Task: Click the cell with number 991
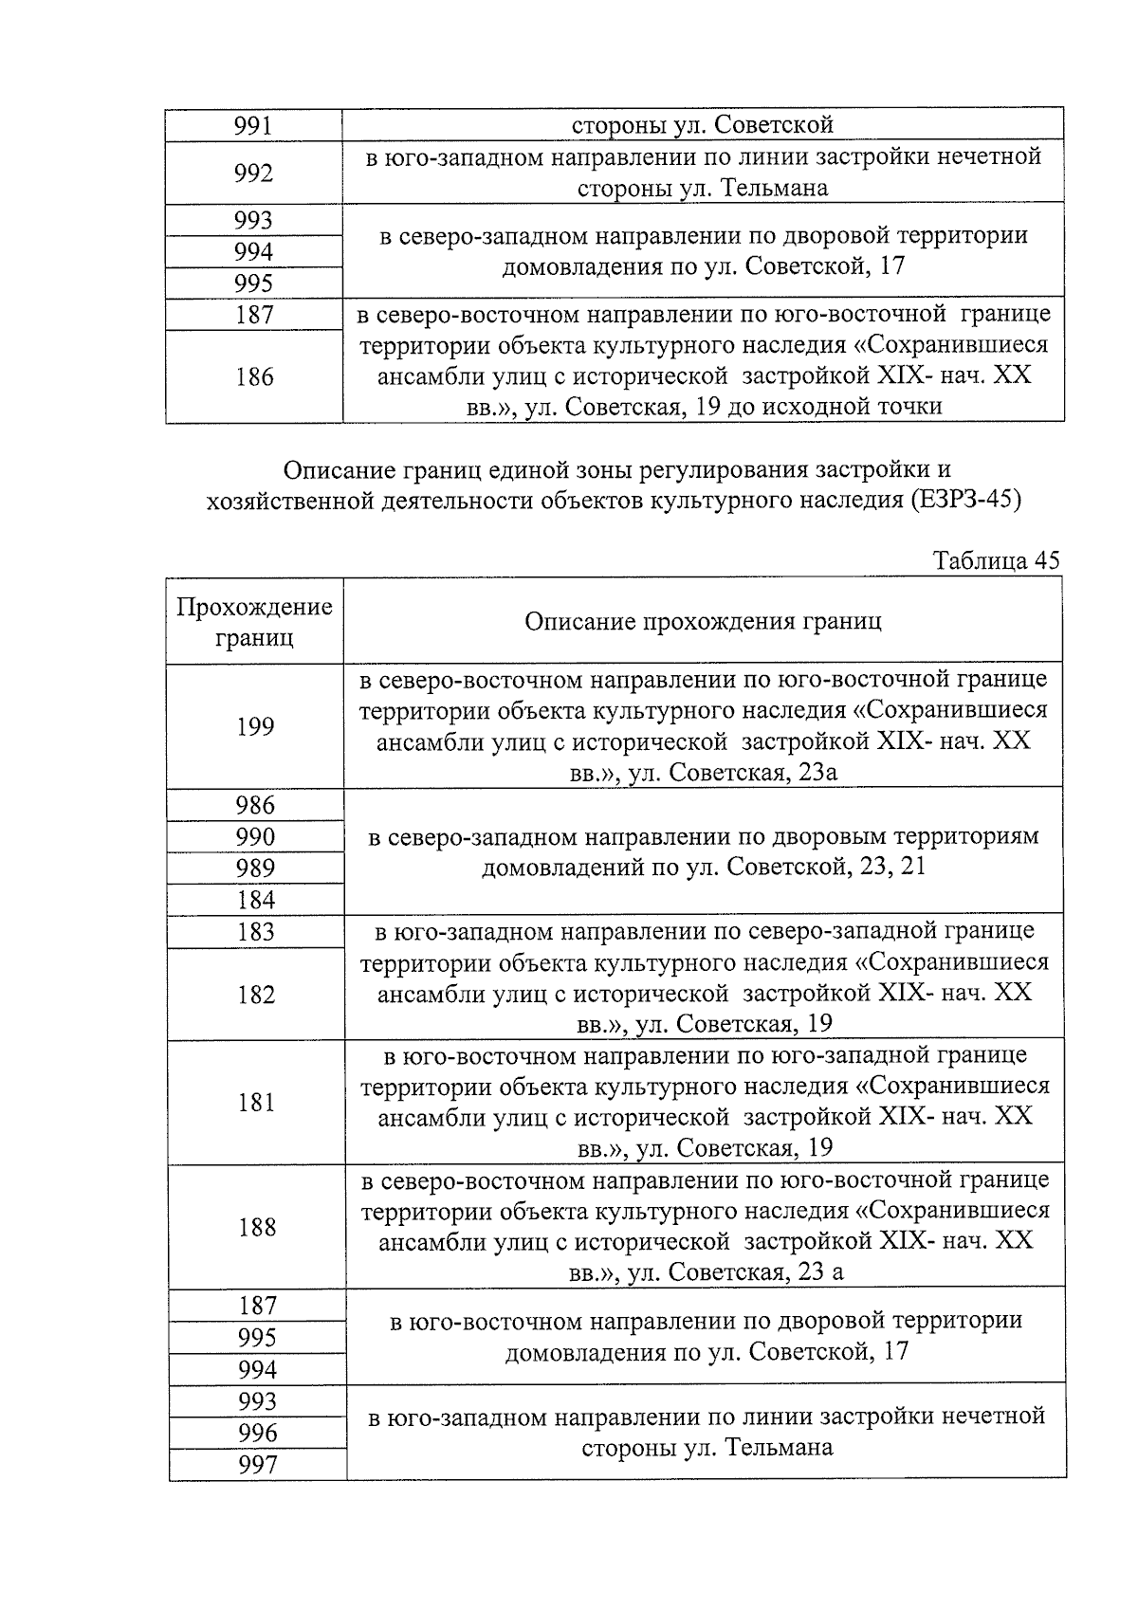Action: (x=253, y=125)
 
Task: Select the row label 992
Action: (x=253, y=174)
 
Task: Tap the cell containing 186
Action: (x=254, y=377)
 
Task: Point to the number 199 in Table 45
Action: (x=255, y=726)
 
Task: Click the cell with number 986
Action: (x=255, y=805)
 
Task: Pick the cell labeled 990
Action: (x=255, y=836)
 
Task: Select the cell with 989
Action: (x=255, y=868)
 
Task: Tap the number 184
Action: (x=255, y=900)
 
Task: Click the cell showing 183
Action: (x=255, y=932)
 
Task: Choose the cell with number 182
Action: (x=256, y=995)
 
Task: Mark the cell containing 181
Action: (x=256, y=1102)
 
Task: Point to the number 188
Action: (x=256, y=1227)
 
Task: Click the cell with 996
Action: (x=257, y=1433)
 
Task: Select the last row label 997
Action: (x=257, y=1465)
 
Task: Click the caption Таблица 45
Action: (x=995, y=560)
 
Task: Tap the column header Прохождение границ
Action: (x=254, y=622)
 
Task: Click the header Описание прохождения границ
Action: (x=703, y=622)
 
